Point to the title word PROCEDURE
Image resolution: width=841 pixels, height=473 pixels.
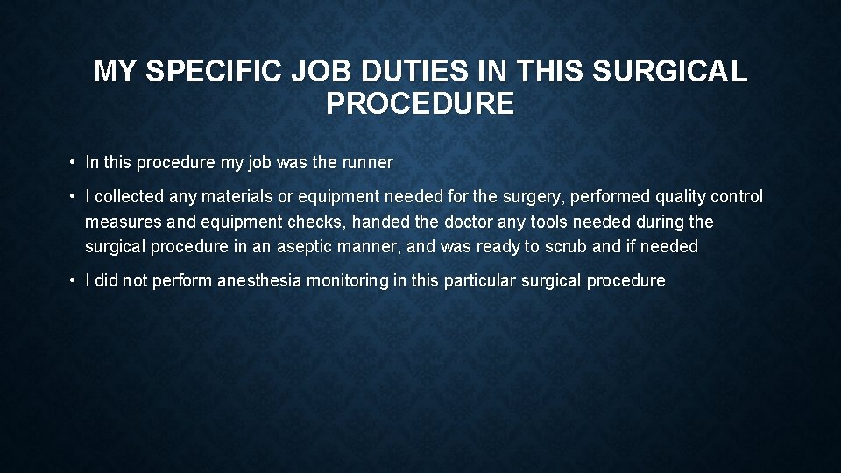tap(420, 104)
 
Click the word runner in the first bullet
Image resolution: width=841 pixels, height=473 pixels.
tap(367, 162)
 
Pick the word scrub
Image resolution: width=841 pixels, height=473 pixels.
tap(566, 246)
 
